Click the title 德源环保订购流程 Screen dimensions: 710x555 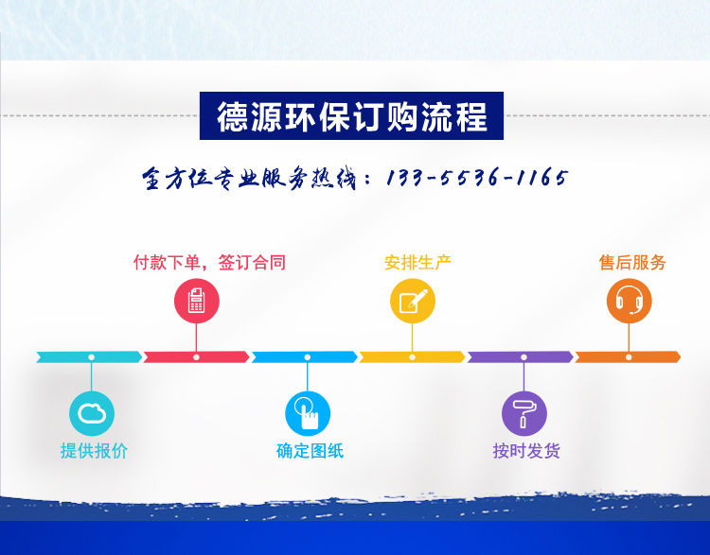[352, 116]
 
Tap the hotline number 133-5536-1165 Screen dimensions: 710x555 [477, 178]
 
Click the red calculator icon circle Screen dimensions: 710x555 [197, 301]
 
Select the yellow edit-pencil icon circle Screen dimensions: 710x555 [413, 301]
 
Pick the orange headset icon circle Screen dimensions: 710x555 [629, 301]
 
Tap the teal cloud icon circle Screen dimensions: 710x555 [92, 413]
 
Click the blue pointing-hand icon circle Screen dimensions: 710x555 [308, 413]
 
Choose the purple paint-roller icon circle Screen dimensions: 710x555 [524, 413]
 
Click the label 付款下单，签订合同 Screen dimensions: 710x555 [209, 262]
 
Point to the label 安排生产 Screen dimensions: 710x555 [417, 262]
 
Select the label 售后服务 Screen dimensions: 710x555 [632, 262]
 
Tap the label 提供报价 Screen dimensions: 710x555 [94, 450]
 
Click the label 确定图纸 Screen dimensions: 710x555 [311, 450]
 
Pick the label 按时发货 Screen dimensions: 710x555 [526, 450]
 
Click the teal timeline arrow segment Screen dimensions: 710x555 [89, 356]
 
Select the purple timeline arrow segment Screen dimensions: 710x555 [521, 356]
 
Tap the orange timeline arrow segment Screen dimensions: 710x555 [628, 356]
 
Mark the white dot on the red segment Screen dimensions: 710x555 [196, 357]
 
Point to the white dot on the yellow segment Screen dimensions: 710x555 [412, 357]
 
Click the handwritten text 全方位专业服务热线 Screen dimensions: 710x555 [249, 178]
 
